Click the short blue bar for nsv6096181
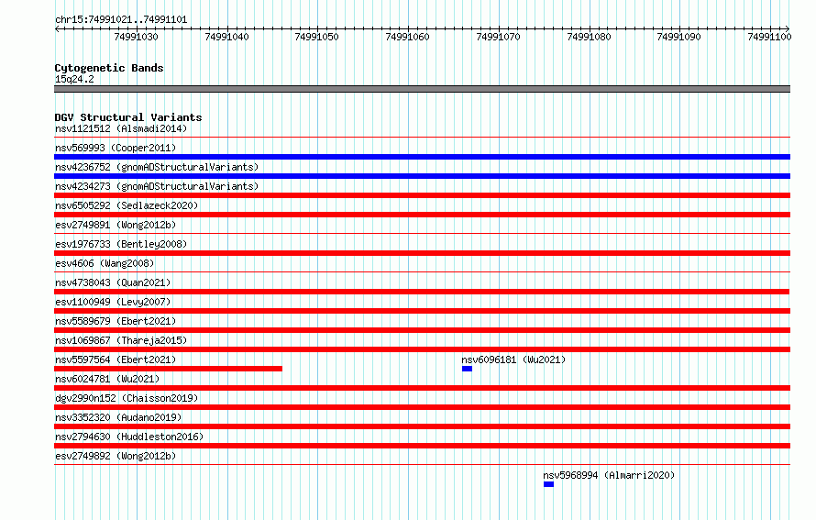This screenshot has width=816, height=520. coord(467,369)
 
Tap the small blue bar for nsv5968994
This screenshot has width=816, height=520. coord(548,484)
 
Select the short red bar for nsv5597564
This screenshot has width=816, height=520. coord(168,369)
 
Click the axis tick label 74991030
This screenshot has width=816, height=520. coord(136,37)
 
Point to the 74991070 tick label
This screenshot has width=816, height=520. coord(498,37)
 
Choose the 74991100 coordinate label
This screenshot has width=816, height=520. coord(769,37)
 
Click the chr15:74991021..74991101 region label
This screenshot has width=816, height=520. coord(121,20)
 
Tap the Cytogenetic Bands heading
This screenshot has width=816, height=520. coord(109,68)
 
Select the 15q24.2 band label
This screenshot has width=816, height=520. coord(74,79)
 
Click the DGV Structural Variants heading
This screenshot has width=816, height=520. coord(128,117)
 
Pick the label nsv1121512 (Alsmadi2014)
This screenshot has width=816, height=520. coord(121,128)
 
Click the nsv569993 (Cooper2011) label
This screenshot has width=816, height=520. coord(116,148)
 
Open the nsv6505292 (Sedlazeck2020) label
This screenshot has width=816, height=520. coord(127,205)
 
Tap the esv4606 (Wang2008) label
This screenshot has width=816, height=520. coord(105,263)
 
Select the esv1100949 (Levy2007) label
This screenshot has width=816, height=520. coord(113,302)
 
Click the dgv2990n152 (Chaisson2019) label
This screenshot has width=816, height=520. coord(127,398)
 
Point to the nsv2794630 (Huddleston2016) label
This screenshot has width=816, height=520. coord(129,437)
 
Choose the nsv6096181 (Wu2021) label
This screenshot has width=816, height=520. coord(513,360)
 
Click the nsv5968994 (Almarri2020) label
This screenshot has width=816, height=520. coord(609,475)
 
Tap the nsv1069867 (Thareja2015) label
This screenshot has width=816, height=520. coord(121,340)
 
